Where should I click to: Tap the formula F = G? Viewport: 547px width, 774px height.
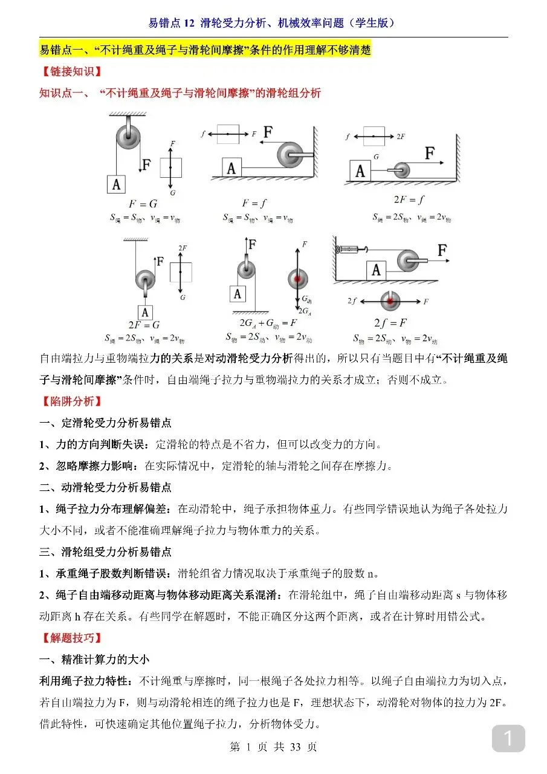pos(144,204)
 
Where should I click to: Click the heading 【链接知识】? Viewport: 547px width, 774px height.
pos(71,72)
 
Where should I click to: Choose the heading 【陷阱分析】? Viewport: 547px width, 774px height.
pos(71,401)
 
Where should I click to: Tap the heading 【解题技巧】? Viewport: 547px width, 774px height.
pos(71,637)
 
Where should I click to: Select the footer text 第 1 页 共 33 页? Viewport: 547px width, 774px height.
pos(273,747)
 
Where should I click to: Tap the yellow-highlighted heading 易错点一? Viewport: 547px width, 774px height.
pos(205,50)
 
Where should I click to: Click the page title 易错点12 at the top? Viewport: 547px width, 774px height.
pos(273,23)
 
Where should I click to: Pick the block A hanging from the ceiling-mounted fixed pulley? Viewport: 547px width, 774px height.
pos(116,184)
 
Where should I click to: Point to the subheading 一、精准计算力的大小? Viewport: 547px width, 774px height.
pos(94,659)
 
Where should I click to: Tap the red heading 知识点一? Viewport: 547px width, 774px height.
pos(180,93)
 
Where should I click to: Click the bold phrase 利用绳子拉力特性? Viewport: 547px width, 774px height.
pos(85,681)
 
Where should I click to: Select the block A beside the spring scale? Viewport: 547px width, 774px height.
pos(376,270)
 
